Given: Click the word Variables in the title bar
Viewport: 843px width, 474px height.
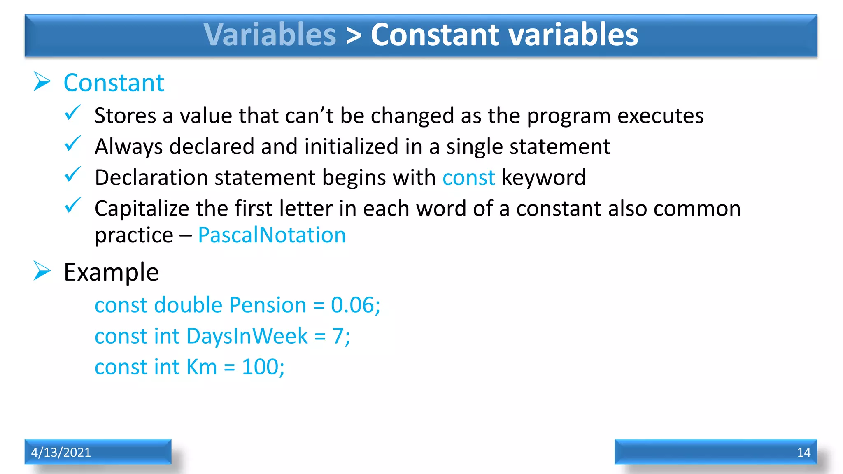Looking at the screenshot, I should [270, 35].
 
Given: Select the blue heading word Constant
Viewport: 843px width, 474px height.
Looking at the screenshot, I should [114, 83].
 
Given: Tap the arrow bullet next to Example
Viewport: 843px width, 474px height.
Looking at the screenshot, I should [42, 271].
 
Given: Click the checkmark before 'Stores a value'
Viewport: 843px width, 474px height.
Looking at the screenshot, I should [73, 113].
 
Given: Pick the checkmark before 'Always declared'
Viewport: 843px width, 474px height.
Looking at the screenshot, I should [73, 144].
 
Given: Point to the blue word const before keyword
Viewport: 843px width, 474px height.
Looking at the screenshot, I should [468, 178].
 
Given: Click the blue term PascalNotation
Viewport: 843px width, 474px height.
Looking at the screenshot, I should [272, 235].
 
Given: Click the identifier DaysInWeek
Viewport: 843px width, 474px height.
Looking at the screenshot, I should [247, 336].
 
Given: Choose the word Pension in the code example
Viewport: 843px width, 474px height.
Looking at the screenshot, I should [268, 305].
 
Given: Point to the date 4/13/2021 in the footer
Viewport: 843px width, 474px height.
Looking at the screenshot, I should [61, 452].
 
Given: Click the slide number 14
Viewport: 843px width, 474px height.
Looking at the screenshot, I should [803, 452].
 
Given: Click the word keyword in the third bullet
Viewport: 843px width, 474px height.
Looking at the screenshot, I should [544, 178].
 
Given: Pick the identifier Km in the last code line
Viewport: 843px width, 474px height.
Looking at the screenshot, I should [201, 367].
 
